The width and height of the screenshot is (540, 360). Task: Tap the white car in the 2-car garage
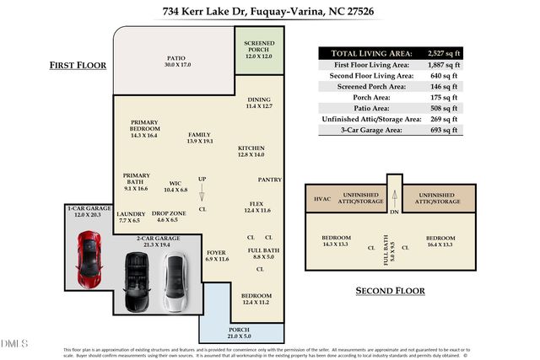(x=175, y=282)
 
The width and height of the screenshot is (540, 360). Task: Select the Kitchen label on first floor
(x=251, y=151)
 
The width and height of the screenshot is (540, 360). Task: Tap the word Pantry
(x=269, y=179)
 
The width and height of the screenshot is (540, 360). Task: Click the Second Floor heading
(x=389, y=291)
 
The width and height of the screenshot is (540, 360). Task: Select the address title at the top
(x=269, y=13)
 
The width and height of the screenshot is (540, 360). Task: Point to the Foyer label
(x=217, y=255)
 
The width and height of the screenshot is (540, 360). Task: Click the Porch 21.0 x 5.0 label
(x=240, y=331)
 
